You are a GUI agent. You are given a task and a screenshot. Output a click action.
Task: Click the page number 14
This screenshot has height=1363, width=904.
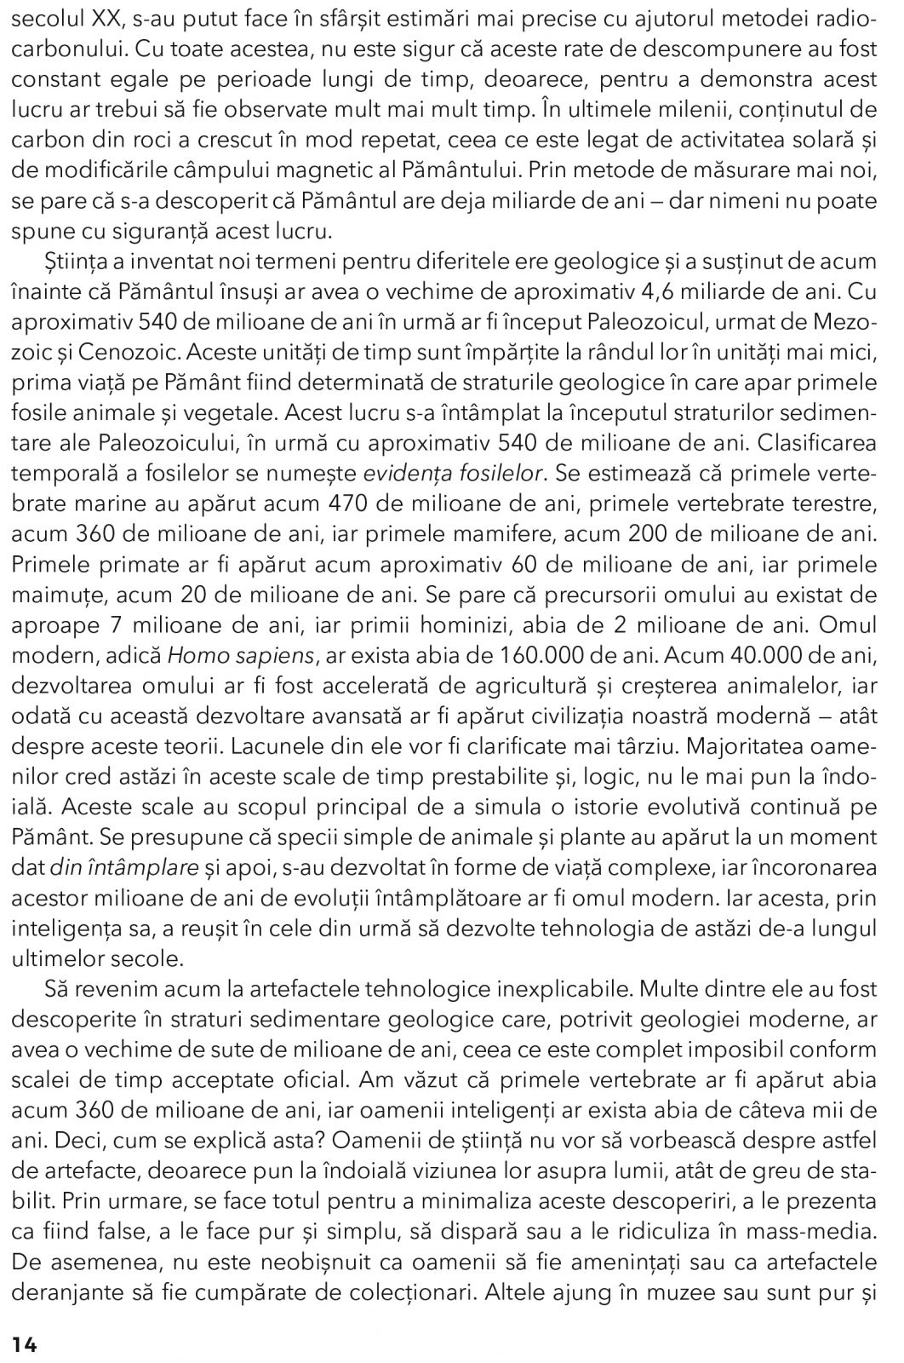(25, 1343)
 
